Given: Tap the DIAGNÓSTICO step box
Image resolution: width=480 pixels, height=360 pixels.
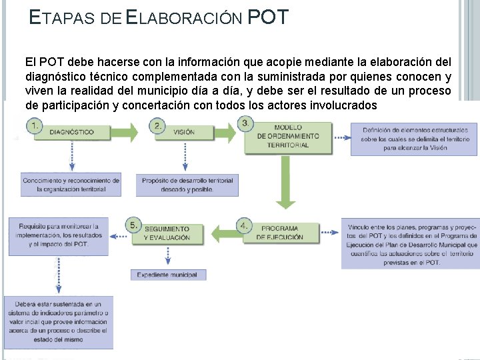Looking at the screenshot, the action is pyautogui.click(x=72, y=132).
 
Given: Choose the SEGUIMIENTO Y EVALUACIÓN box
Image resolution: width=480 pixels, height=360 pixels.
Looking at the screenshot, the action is pyautogui.click(x=167, y=233).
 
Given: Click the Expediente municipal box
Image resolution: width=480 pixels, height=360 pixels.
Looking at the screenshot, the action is pyautogui.click(x=167, y=275).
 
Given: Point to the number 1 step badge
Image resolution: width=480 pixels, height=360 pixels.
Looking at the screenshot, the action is pyautogui.click(x=33, y=125).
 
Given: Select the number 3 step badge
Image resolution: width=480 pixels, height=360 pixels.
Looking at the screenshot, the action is pyautogui.click(x=247, y=123).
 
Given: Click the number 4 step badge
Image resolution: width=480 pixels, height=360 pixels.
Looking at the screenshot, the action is pyautogui.click(x=246, y=224).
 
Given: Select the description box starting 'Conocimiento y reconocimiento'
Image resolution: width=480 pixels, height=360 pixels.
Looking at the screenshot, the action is pyautogui.click(x=71, y=185).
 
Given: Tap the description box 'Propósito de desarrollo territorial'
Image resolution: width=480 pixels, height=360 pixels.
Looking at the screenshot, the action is pyautogui.click(x=187, y=185).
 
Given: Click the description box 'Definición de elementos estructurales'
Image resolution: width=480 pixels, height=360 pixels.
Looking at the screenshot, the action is pyautogui.click(x=414, y=139).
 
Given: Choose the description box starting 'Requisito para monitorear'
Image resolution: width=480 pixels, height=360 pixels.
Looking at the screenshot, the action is pyautogui.click(x=59, y=235).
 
